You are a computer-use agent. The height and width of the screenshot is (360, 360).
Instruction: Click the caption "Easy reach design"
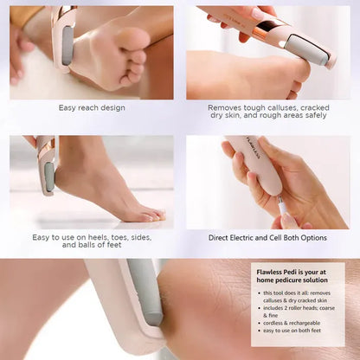(92, 108)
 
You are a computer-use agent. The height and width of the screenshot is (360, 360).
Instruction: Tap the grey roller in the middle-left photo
(50, 177)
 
